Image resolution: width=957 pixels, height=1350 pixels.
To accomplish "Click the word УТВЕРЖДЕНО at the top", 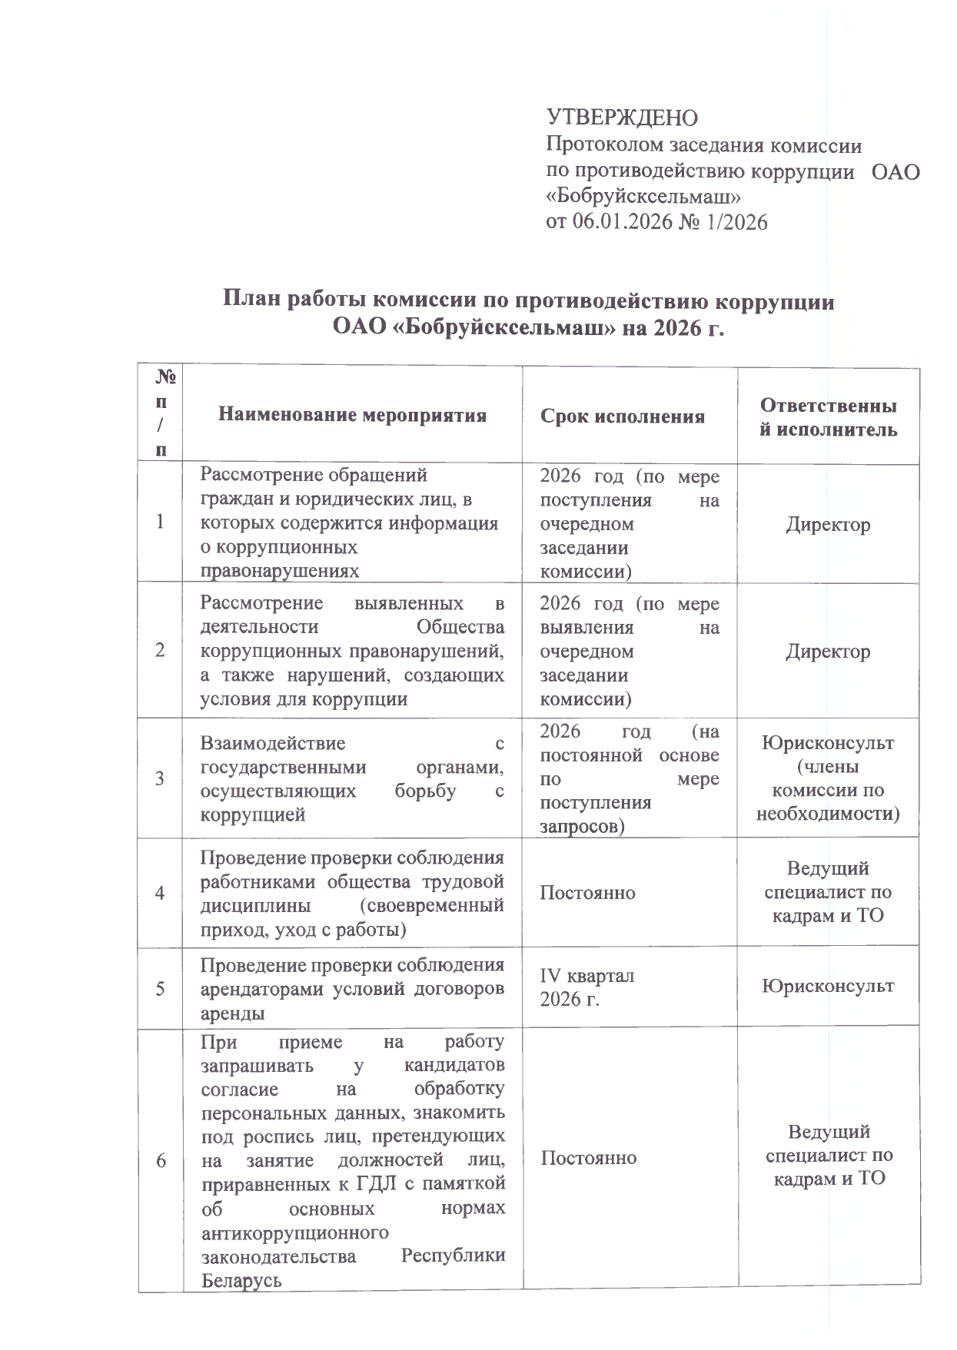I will pos(622,118).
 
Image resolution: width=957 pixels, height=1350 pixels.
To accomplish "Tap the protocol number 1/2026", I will pos(733,222).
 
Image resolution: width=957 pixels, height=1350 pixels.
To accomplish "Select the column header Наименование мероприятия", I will pos(353,416).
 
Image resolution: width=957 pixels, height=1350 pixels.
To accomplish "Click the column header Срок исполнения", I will pos(623,416).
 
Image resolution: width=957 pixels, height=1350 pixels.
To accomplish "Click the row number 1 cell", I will pos(160,522).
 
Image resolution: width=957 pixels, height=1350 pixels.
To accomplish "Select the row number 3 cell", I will pos(160,778).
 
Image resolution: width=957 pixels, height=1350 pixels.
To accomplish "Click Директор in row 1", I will pos(828,525).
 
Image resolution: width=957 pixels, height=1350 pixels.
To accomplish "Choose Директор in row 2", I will pos(828,652).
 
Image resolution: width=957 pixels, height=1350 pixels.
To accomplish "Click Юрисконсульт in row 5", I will pos(828,986).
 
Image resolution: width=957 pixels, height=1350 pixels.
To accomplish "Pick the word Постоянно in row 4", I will pos(588,892).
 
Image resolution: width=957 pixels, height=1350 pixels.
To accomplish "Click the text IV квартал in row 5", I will pos(588,976).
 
